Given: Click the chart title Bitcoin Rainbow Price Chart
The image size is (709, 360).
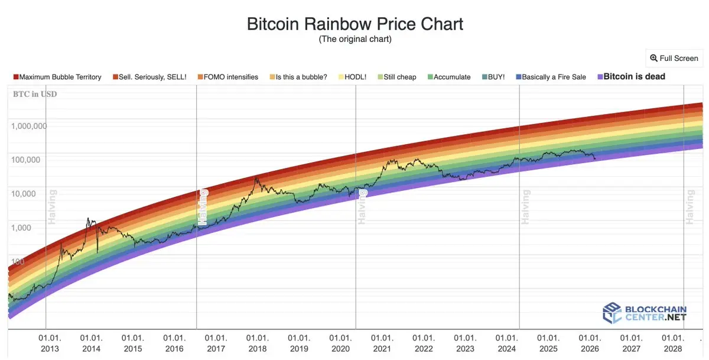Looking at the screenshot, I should click(x=354, y=24).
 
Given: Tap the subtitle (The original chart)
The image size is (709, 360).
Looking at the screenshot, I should click(x=354, y=40).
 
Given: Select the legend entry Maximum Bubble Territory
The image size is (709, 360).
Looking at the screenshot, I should click(x=57, y=77).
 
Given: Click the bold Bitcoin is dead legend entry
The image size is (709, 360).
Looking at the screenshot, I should click(x=631, y=76).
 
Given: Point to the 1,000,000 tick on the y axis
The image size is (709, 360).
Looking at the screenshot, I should click(x=28, y=126).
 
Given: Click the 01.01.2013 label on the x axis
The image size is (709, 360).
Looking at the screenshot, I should click(x=50, y=343).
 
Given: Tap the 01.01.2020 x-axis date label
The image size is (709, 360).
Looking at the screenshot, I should click(x=341, y=343).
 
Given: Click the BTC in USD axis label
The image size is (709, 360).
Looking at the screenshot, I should click(x=35, y=94).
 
